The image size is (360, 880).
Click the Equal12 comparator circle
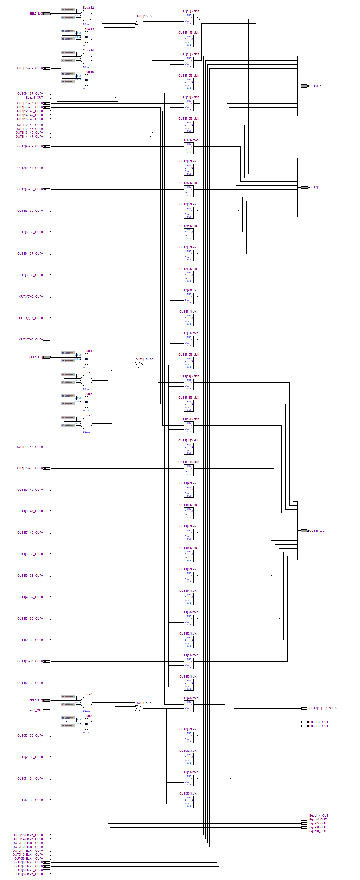(86, 16)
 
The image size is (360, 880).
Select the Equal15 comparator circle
(86, 80)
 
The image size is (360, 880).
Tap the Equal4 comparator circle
(86, 359)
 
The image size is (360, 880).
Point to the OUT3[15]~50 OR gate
(139, 21)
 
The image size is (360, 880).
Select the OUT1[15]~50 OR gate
(139, 365)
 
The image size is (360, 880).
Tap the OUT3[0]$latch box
(189, 341)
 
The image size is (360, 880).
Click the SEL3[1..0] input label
(36, 14)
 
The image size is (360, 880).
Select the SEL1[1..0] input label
(36, 357)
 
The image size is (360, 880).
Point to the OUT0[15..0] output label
(317, 86)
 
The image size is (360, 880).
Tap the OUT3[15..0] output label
(317, 187)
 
